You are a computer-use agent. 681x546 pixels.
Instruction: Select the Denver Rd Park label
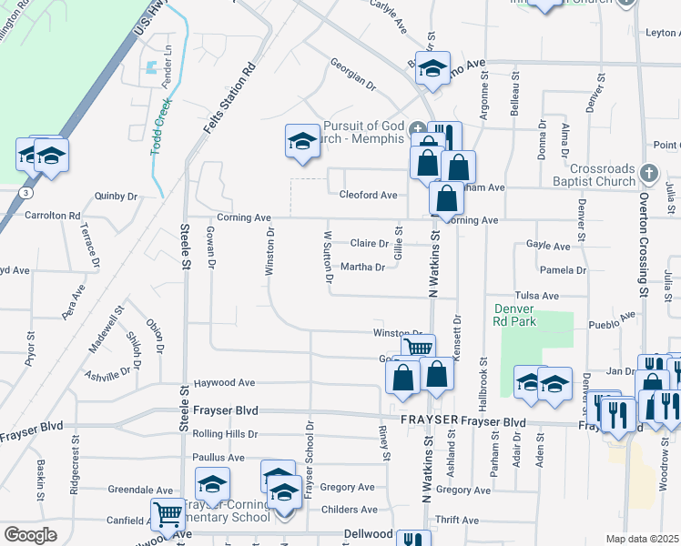[x=515, y=314]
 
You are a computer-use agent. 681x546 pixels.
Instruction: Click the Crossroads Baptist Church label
[x=604, y=175]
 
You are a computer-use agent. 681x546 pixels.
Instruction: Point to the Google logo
[x=30, y=534]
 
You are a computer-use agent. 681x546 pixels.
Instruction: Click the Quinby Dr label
[x=116, y=196]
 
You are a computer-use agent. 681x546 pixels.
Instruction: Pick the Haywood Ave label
[x=219, y=383]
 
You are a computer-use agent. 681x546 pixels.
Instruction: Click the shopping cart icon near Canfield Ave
[x=168, y=514]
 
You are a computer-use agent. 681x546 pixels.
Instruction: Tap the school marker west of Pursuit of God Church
[x=303, y=141]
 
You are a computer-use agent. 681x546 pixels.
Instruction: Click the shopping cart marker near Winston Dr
[x=418, y=348]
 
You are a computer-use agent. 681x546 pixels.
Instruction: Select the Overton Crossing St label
[x=643, y=246]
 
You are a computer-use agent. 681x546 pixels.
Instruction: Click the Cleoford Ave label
[x=368, y=195]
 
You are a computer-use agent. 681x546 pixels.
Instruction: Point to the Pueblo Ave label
[x=615, y=322]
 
